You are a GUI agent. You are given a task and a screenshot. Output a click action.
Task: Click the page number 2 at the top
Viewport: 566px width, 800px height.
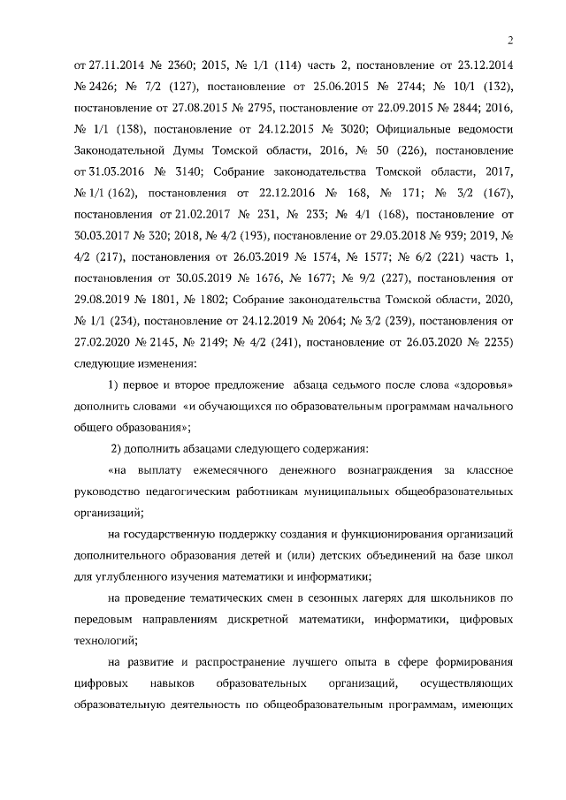(511, 39)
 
